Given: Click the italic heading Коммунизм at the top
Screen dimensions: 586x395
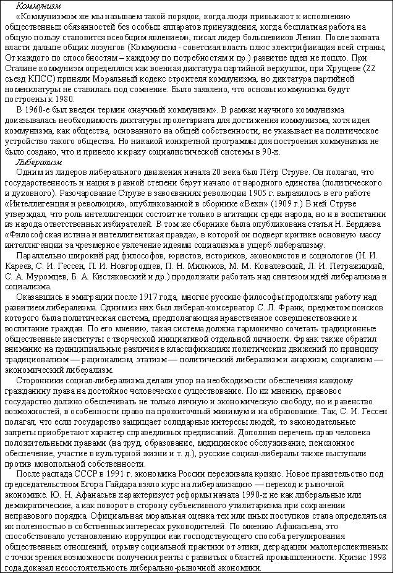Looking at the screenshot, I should [x=35, y=6].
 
